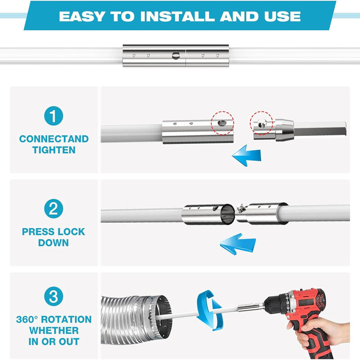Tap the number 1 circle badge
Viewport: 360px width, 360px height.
[54, 117]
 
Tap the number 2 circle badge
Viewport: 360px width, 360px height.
[54, 209]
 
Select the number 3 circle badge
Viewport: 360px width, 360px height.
[54, 297]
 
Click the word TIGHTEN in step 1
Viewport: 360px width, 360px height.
[54, 150]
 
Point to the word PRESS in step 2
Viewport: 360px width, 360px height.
[38, 232]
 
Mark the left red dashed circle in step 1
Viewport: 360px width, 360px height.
[222, 123]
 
